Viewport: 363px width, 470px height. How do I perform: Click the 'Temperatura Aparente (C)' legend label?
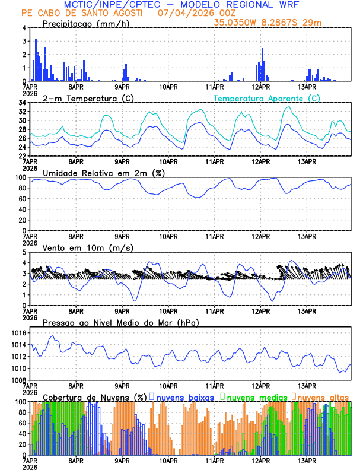266,98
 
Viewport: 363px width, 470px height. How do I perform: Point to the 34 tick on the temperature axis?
22,103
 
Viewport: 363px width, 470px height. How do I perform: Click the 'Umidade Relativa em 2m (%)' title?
103,173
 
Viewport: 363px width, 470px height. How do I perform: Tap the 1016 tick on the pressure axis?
18,334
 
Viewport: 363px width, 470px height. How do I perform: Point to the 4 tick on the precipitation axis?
24,28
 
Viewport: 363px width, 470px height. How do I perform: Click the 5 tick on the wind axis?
24,252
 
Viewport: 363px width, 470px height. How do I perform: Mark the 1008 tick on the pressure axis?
18,380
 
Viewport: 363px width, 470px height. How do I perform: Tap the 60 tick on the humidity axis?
21,199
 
